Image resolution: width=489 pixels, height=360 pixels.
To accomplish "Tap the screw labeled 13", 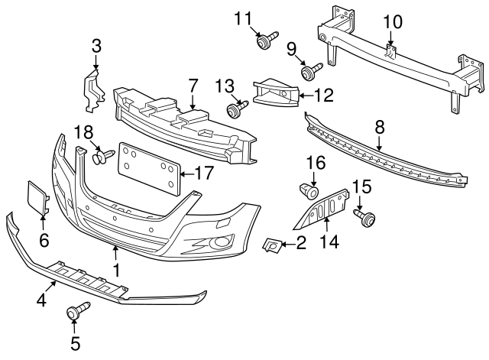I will [x=234, y=112].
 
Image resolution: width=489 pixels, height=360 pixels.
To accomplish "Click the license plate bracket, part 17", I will [x=147, y=169].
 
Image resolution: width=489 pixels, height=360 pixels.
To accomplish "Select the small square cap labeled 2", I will [x=271, y=245].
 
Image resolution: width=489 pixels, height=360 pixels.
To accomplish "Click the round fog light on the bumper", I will [x=222, y=243].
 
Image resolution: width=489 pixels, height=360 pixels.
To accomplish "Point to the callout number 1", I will [x=116, y=270].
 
